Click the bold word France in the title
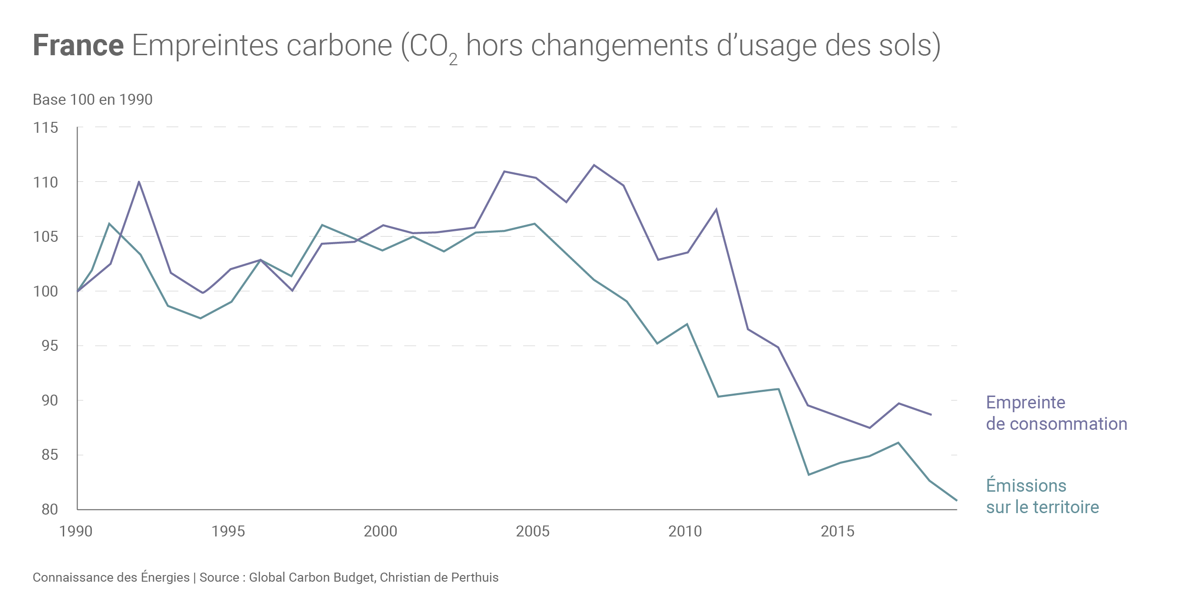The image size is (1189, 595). (x=78, y=46)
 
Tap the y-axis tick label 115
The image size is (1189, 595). (x=46, y=128)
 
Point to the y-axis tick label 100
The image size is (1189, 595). (x=46, y=291)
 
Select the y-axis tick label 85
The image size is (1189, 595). (x=49, y=455)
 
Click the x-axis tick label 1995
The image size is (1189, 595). (x=228, y=531)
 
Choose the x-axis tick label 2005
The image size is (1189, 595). (x=533, y=531)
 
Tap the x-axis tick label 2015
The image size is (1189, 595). (x=838, y=531)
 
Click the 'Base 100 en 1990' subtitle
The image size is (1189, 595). (x=93, y=99)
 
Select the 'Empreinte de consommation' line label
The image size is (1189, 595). (x=1056, y=413)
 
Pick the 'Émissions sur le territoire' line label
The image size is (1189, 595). (x=1043, y=496)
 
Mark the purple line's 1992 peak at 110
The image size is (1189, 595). (x=139, y=181)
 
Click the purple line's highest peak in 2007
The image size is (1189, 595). (x=594, y=165)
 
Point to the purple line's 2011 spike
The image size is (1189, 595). (x=716, y=209)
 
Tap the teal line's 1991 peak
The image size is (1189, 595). (x=109, y=223)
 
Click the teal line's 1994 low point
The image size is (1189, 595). (x=200, y=318)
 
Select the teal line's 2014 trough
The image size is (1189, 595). (x=809, y=475)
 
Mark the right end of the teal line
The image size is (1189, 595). (x=956, y=500)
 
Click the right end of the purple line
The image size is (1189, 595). (x=931, y=415)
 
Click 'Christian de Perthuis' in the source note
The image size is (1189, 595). (x=439, y=577)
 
